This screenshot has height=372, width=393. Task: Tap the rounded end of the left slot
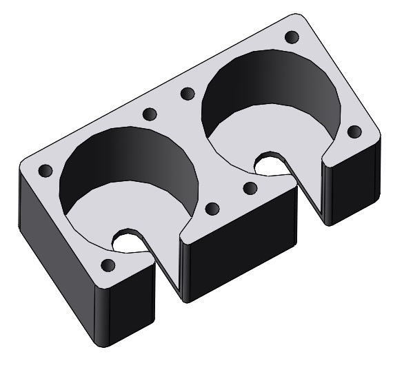[126, 241]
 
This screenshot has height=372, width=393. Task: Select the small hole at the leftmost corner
[46, 170]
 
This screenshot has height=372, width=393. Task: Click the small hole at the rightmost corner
[354, 130]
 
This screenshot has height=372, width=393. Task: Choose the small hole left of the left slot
[107, 265]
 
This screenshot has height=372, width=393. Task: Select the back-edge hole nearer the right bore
[186, 92]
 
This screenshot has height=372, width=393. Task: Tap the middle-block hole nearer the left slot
[212, 208]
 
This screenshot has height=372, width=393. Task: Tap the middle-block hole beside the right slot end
[250, 187]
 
